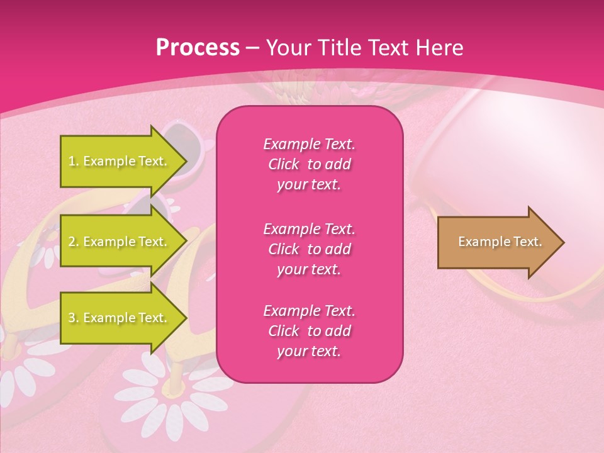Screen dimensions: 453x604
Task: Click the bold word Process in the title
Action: [198, 48]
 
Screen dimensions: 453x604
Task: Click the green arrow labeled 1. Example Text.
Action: [120, 161]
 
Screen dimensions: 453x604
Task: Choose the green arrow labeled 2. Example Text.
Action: [120, 242]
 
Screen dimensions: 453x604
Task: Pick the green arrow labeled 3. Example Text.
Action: [120, 318]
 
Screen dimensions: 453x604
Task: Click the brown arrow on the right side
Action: [497, 242]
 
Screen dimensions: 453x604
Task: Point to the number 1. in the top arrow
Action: [74, 161]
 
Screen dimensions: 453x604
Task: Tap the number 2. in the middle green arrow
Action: [74, 242]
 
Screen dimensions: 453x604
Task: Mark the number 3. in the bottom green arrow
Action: [74, 318]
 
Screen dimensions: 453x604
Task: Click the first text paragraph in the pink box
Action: [309, 164]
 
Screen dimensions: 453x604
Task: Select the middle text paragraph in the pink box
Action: [309, 249]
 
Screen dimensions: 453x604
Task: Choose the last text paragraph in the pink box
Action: [309, 331]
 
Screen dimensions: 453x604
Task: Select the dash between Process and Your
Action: [252, 48]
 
